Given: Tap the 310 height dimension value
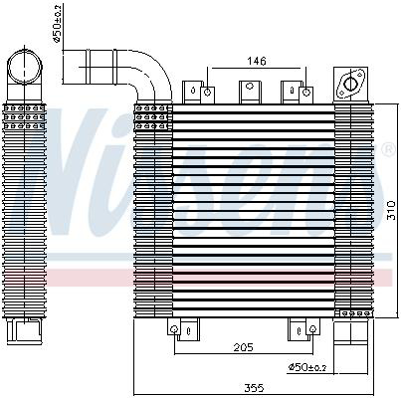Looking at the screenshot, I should click(391, 211).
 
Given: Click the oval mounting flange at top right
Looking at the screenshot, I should click(350, 85).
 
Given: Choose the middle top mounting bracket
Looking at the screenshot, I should click(247, 91).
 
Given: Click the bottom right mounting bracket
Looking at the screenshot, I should click(298, 327).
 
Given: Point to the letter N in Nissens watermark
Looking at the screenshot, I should click(80, 149).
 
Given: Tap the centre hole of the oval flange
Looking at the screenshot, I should click(350, 85).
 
